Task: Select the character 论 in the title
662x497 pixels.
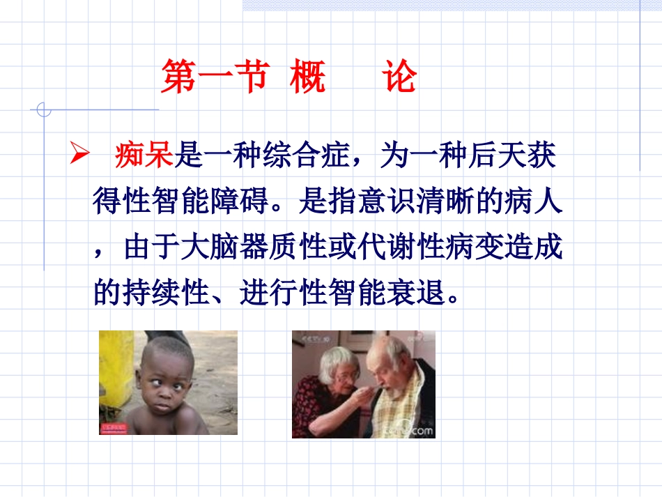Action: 399,78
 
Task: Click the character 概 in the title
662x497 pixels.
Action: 307,78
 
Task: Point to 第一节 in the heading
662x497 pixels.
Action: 214,78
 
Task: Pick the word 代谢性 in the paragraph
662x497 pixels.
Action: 392,249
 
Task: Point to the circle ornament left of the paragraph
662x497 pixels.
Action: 43,109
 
